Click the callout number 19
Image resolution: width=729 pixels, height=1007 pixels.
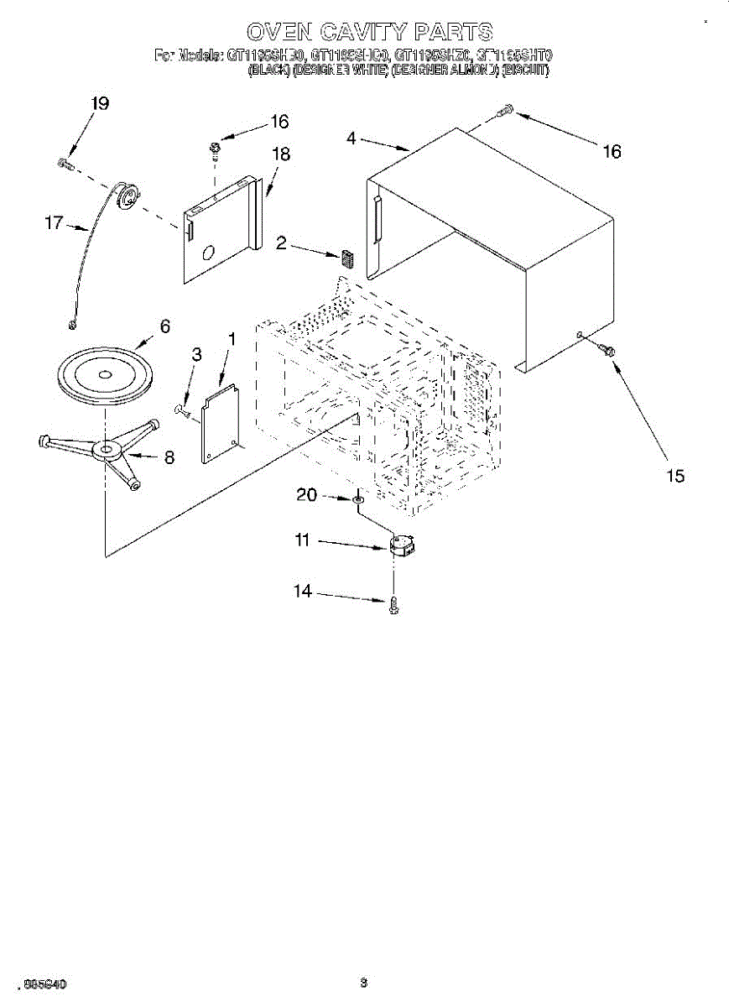100,104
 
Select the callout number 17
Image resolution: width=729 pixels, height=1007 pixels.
54,223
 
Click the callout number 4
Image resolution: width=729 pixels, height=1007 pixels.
351,139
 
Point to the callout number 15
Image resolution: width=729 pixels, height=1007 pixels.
675,476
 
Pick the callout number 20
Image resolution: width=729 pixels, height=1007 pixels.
306,495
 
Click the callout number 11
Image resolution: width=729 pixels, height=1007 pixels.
302,541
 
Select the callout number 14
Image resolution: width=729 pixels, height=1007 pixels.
302,592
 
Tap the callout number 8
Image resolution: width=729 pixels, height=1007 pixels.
169,457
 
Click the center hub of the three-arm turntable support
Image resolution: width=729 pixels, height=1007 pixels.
105,451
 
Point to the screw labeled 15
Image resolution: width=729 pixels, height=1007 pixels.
607,348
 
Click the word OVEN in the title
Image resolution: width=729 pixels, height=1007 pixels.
279,33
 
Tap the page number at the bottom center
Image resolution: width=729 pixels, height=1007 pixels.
363,982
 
